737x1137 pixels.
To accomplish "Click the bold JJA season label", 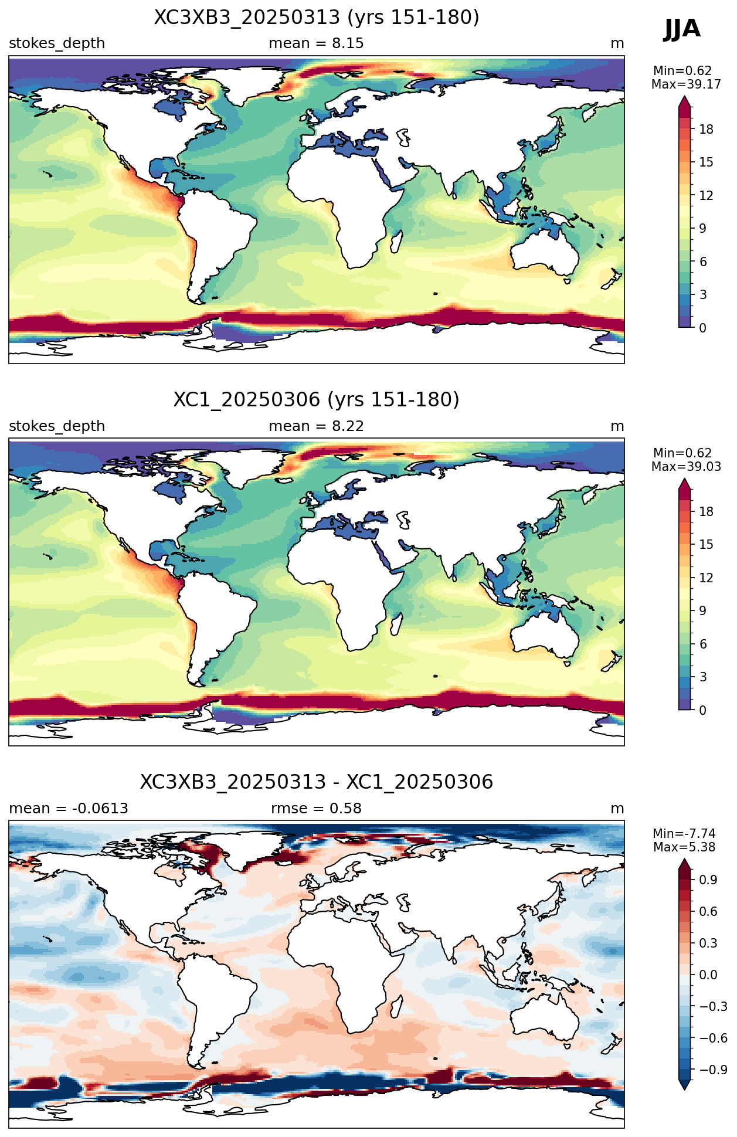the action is click(682, 29).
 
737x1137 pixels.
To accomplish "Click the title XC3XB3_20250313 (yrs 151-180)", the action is click(317, 18).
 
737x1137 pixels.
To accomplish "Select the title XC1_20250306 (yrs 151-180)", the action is click(317, 400).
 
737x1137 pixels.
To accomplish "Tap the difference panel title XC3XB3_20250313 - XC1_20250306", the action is click(317, 782).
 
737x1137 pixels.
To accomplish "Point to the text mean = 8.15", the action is click(316, 43).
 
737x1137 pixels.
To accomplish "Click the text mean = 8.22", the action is click(316, 426).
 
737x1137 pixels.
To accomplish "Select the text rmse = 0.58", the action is click(316, 809).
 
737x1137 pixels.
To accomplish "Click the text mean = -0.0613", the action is click(69, 809).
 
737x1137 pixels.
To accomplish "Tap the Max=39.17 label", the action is click(686, 84).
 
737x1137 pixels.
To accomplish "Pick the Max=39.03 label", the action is click(686, 467).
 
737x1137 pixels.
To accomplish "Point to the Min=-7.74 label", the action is click(684, 834).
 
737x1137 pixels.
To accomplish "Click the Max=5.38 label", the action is click(684, 847).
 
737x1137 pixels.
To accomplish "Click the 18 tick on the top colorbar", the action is click(706, 130).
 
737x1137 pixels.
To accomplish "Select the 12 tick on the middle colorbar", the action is click(706, 578).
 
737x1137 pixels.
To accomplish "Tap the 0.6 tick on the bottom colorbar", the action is click(708, 912).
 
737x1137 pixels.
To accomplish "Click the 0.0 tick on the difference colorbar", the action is click(708, 975).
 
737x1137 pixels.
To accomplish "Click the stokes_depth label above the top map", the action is click(57, 44).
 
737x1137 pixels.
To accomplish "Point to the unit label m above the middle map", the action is click(617, 427).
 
